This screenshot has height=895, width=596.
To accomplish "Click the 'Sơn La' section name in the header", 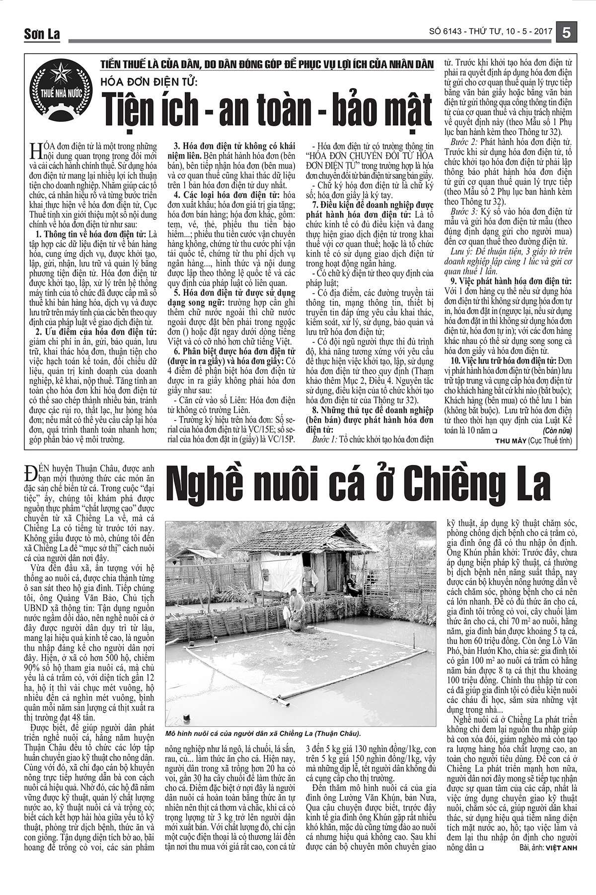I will (42, 34).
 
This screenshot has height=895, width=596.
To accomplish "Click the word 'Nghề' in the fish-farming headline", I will (208, 486).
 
